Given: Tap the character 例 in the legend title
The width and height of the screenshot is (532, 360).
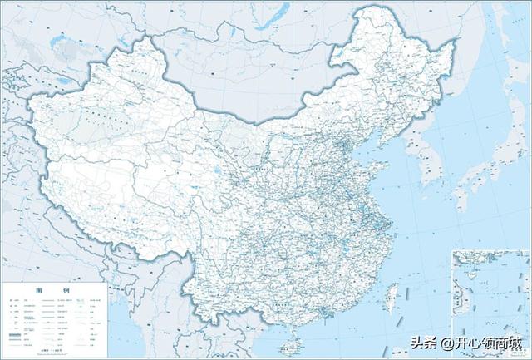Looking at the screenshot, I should [64, 291].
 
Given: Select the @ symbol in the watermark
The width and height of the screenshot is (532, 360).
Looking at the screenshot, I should [448, 343].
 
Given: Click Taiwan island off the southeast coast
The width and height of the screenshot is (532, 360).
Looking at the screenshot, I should [394, 293].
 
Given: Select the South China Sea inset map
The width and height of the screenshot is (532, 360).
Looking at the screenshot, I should [491, 283].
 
